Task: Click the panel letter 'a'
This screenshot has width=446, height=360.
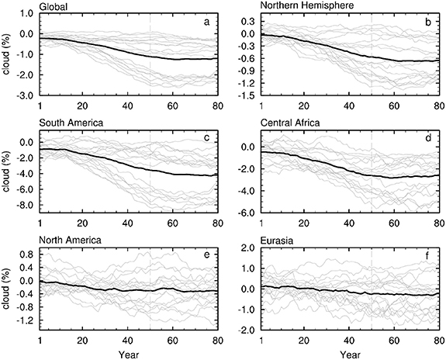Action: pyautogui.click(x=206, y=22)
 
